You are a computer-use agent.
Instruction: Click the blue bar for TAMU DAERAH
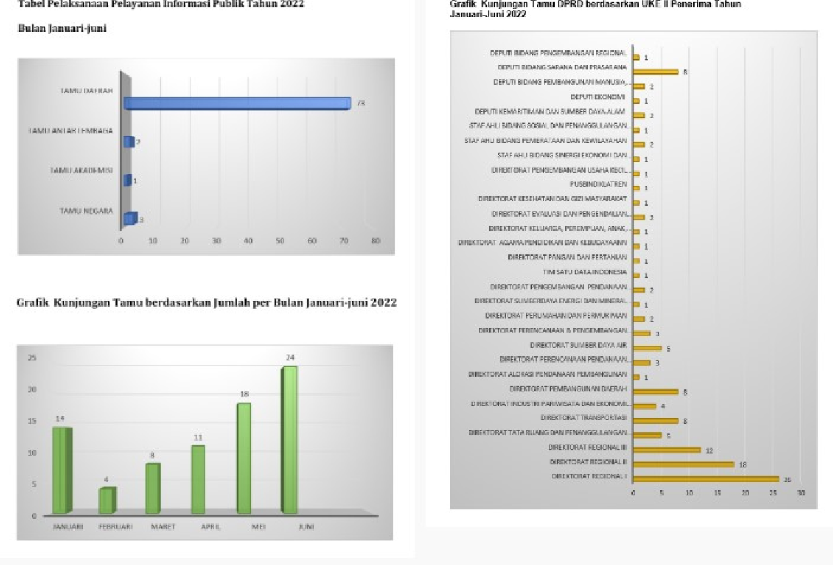pyautogui.click(x=237, y=104)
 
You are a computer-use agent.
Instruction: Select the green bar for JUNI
pyautogui.click(x=289, y=440)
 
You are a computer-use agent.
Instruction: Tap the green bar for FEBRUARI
pyautogui.click(x=107, y=500)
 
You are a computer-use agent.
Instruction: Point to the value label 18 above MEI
pyautogui.click(x=244, y=393)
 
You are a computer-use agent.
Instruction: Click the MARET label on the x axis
pyautogui.click(x=163, y=527)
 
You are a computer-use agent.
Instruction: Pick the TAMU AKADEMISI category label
pyautogui.click(x=82, y=171)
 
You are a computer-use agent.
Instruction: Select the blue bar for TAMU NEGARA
pyautogui.click(x=130, y=219)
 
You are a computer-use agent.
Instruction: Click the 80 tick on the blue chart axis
pyautogui.click(x=375, y=241)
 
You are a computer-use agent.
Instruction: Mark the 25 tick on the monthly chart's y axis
pyautogui.click(x=32, y=358)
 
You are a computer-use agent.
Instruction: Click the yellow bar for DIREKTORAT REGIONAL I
pyautogui.click(x=705, y=479)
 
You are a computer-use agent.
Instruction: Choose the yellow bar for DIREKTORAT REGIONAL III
pyautogui.click(x=666, y=450)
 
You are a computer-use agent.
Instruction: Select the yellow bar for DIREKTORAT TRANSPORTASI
pyautogui.click(x=655, y=421)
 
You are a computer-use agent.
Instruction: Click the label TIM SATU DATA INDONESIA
pyautogui.click(x=584, y=272)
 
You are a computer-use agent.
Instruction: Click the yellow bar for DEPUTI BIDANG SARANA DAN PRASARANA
pyautogui.click(x=655, y=71)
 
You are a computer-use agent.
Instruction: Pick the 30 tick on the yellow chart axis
pyautogui.click(x=801, y=493)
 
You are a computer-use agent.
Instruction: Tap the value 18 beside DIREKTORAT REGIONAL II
pyautogui.click(x=742, y=465)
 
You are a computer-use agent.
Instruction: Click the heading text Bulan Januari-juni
pyautogui.click(x=61, y=28)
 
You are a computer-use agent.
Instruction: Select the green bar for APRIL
pyautogui.click(x=198, y=479)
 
